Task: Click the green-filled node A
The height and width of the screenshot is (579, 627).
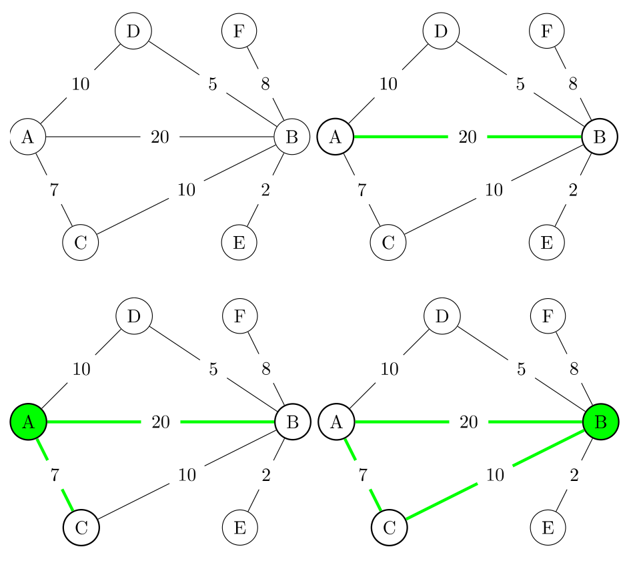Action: point(28,422)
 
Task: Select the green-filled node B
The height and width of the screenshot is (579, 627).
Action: point(600,422)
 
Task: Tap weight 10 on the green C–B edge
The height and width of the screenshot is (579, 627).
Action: point(494,475)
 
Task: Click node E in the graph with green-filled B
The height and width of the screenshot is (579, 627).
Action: point(547,527)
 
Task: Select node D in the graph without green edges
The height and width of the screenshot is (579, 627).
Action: point(133,31)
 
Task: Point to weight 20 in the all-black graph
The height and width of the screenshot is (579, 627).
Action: point(160,137)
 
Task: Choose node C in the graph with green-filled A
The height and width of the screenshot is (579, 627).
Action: point(81,527)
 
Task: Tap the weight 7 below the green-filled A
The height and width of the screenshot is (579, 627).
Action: point(55,475)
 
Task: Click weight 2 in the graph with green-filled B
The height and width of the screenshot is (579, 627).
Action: point(573,475)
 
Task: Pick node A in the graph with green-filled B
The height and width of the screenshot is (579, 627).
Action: point(336,422)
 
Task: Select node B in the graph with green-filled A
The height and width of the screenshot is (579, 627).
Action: point(291,422)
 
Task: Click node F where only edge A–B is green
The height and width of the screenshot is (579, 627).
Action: point(547,31)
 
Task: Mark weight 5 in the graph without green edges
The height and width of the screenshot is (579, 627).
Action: point(213,84)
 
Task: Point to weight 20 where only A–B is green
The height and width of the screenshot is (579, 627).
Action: point(468,137)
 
